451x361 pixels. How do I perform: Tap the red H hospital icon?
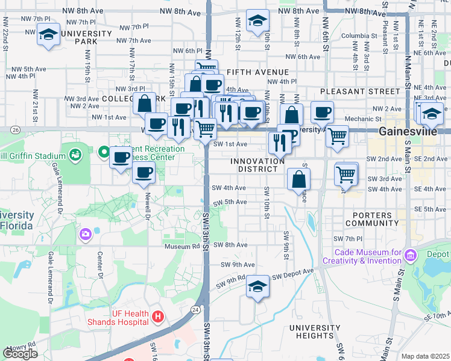point(158,316)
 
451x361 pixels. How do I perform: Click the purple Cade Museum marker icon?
point(410,256)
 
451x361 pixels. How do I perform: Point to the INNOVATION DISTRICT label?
point(257,165)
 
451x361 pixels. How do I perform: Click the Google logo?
point(20,354)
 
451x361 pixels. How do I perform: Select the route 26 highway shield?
point(15,129)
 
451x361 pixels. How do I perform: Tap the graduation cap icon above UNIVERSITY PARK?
point(48,34)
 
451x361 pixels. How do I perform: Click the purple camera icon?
point(85,233)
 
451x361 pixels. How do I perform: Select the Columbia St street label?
point(358,36)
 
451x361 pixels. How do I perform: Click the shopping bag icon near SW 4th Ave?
point(299,179)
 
